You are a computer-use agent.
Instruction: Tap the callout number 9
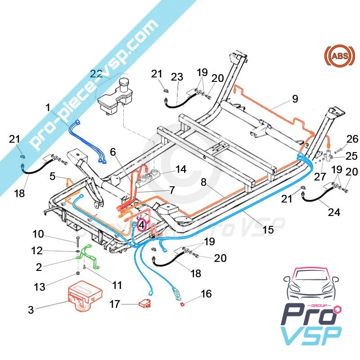(x=295, y=99)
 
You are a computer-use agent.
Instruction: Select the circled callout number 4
(x=142, y=224)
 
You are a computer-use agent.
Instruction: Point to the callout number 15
(x=268, y=230)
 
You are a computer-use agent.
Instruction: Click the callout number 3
(x=31, y=310)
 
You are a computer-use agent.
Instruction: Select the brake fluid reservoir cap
(x=124, y=84)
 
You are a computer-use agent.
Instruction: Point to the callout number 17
(x=115, y=305)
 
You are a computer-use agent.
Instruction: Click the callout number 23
(x=177, y=77)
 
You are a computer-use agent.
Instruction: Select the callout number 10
(x=38, y=234)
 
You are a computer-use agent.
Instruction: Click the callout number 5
(x=53, y=176)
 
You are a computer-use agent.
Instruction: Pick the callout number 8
(x=203, y=183)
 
